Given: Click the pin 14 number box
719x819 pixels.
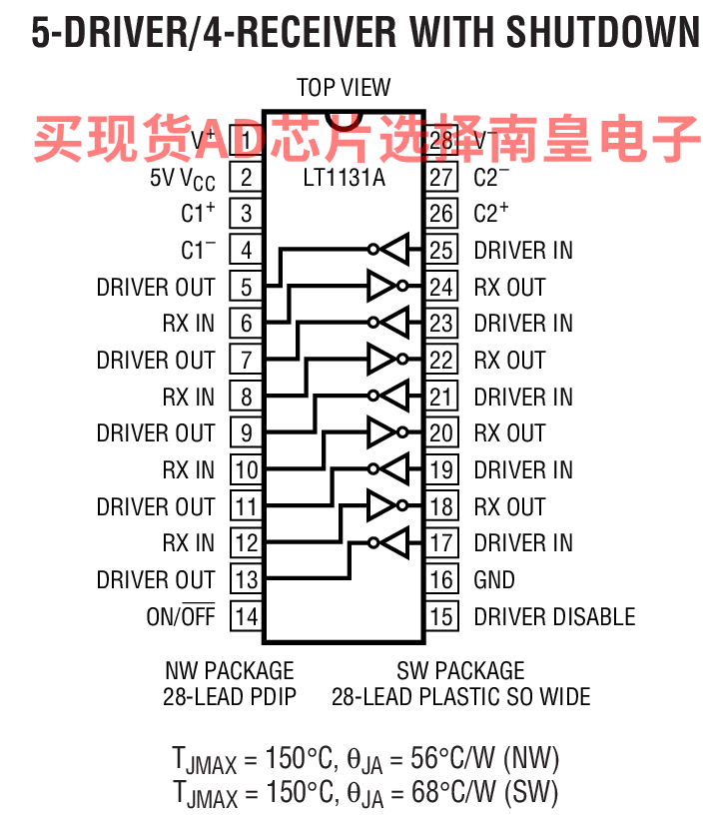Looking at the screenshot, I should pos(246,616).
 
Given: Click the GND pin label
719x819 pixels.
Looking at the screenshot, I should pos(494,579).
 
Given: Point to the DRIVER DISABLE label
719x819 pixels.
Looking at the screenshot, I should pos(554,616).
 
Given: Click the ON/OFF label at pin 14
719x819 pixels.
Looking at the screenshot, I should pos(181,616).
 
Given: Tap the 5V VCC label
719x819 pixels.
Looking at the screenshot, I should pos(177,178).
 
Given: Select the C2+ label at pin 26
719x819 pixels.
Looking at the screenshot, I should pos(491,213).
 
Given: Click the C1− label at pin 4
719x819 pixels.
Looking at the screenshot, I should pos(198,250).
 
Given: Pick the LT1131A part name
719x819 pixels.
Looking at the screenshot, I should pos(344,179).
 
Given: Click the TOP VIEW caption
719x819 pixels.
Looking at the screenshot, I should pos(344,88).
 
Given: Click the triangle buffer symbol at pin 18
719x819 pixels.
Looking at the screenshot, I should pos(380,506).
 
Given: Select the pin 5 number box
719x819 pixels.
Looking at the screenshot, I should pos(246,287).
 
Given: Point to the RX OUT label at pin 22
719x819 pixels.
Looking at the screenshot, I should pos(509,360).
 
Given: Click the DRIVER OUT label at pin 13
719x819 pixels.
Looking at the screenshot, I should pos(156,579).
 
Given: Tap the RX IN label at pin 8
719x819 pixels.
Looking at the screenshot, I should pos(189,397).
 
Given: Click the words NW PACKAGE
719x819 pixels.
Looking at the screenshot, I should pos(230,670).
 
